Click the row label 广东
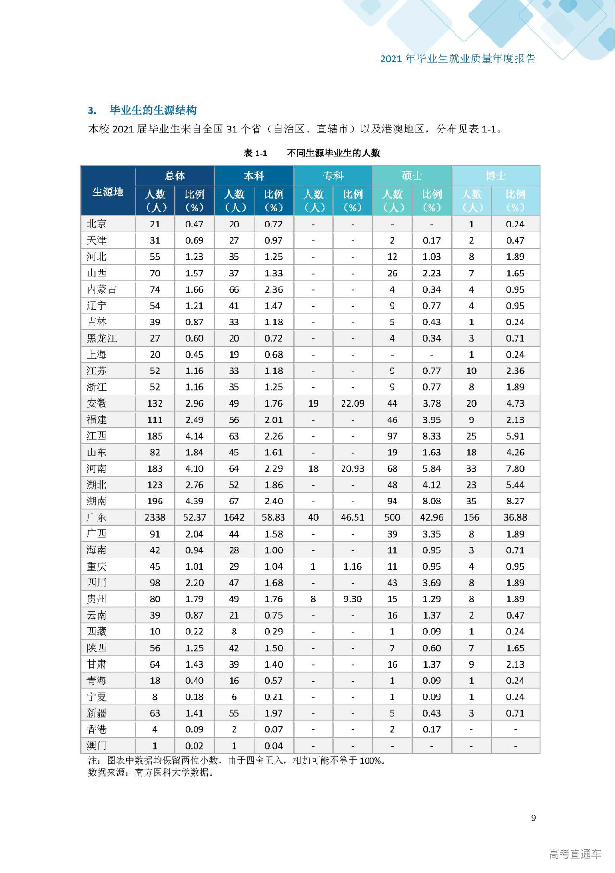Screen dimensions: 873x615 [97, 517]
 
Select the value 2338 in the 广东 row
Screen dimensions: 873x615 [155, 517]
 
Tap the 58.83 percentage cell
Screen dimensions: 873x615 [273, 517]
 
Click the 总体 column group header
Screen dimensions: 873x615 [174, 176]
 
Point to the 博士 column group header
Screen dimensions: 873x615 [495, 176]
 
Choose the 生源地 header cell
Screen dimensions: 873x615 [108, 192]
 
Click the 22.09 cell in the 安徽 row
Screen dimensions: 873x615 [353, 404]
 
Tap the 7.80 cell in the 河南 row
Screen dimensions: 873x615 [515, 468]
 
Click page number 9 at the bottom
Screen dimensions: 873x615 [533, 818]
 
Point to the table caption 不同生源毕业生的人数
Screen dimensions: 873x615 [333, 153]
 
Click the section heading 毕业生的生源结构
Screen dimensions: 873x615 [153, 110]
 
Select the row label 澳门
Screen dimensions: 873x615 [97, 746]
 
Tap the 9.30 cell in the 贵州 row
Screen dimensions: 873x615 [353, 599]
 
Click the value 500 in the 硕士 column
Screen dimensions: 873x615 [392, 517]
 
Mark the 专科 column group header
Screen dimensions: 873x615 [333, 176]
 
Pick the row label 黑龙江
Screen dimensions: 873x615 [102, 338]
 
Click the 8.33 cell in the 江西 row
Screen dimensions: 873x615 [431, 436]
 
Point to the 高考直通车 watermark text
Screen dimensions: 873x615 [575, 854]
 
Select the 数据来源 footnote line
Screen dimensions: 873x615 [151, 772]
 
